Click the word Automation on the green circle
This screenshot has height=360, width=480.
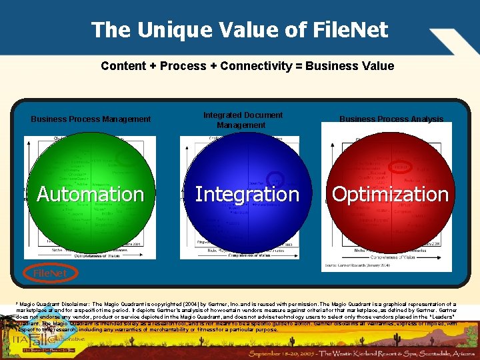point(90,194)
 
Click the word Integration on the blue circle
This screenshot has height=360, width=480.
point(247,194)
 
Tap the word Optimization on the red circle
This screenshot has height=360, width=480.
point(390,194)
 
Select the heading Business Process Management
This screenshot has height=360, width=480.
point(91,119)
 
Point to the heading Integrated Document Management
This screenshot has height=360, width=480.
point(242,120)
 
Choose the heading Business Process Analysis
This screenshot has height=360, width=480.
point(391,119)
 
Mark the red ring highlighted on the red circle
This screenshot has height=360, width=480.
point(401,166)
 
